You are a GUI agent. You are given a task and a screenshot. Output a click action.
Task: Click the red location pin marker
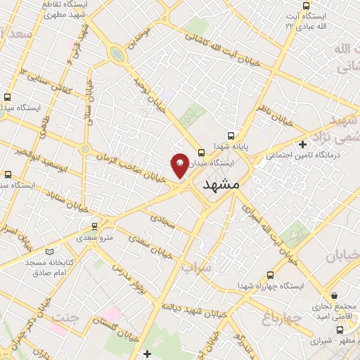tap(179, 165)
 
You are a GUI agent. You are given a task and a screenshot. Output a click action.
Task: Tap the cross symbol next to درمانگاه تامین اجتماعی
tap(302, 143)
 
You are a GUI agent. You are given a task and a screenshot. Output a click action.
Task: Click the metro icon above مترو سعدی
tap(95, 226)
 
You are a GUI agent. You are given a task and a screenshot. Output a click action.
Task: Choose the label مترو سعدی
tap(96, 239)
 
